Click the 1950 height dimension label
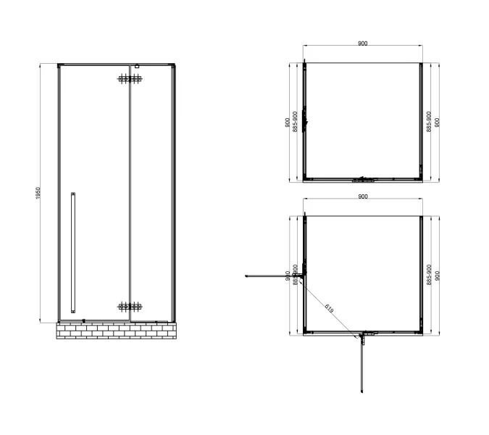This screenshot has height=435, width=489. pyautogui.click(x=38, y=194)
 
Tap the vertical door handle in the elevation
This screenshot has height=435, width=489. pyautogui.click(x=72, y=251)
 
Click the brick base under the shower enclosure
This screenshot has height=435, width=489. pyautogui.click(x=115, y=331)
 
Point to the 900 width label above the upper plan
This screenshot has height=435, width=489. pyautogui.click(x=362, y=43)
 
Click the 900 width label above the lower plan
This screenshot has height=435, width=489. pyautogui.click(x=362, y=196)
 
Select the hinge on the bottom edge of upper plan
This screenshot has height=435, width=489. pyautogui.click(x=362, y=178)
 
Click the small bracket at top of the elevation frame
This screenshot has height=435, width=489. pyautogui.click(x=136, y=67)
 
